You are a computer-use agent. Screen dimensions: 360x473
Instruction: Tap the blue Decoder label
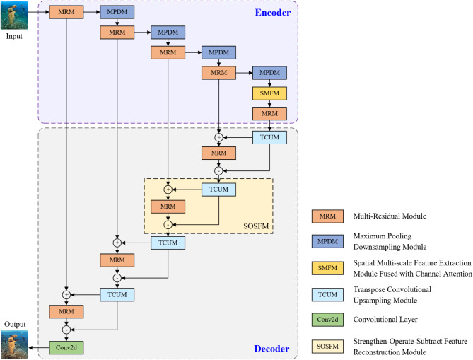click(271, 348)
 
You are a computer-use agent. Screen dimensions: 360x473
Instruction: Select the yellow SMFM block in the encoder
click(269, 93)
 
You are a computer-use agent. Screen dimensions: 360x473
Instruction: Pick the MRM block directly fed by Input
click(66, 13)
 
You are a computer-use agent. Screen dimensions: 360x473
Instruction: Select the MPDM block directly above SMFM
click(269, 73)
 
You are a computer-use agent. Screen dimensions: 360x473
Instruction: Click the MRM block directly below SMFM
click(269, 113)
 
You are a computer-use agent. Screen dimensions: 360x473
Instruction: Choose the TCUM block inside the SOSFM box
click(218, 190)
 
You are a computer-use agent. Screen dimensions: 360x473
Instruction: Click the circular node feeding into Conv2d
click(66, 329)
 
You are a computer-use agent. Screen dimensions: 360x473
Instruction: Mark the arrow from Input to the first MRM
click(39, 13)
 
